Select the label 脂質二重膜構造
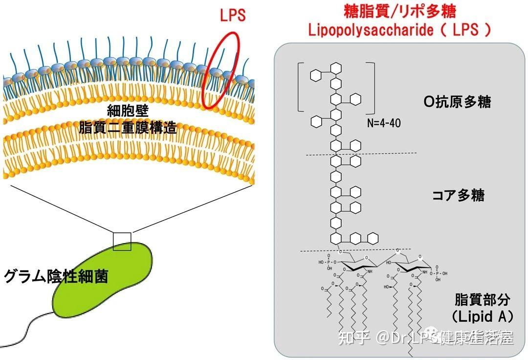[128, 128]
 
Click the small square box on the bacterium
[122, 242]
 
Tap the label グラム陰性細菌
[56, 277]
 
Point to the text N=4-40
[384, 123]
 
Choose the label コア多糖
[458, 195]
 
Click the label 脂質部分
[482, 299]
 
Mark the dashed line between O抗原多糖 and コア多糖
[361, 155]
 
